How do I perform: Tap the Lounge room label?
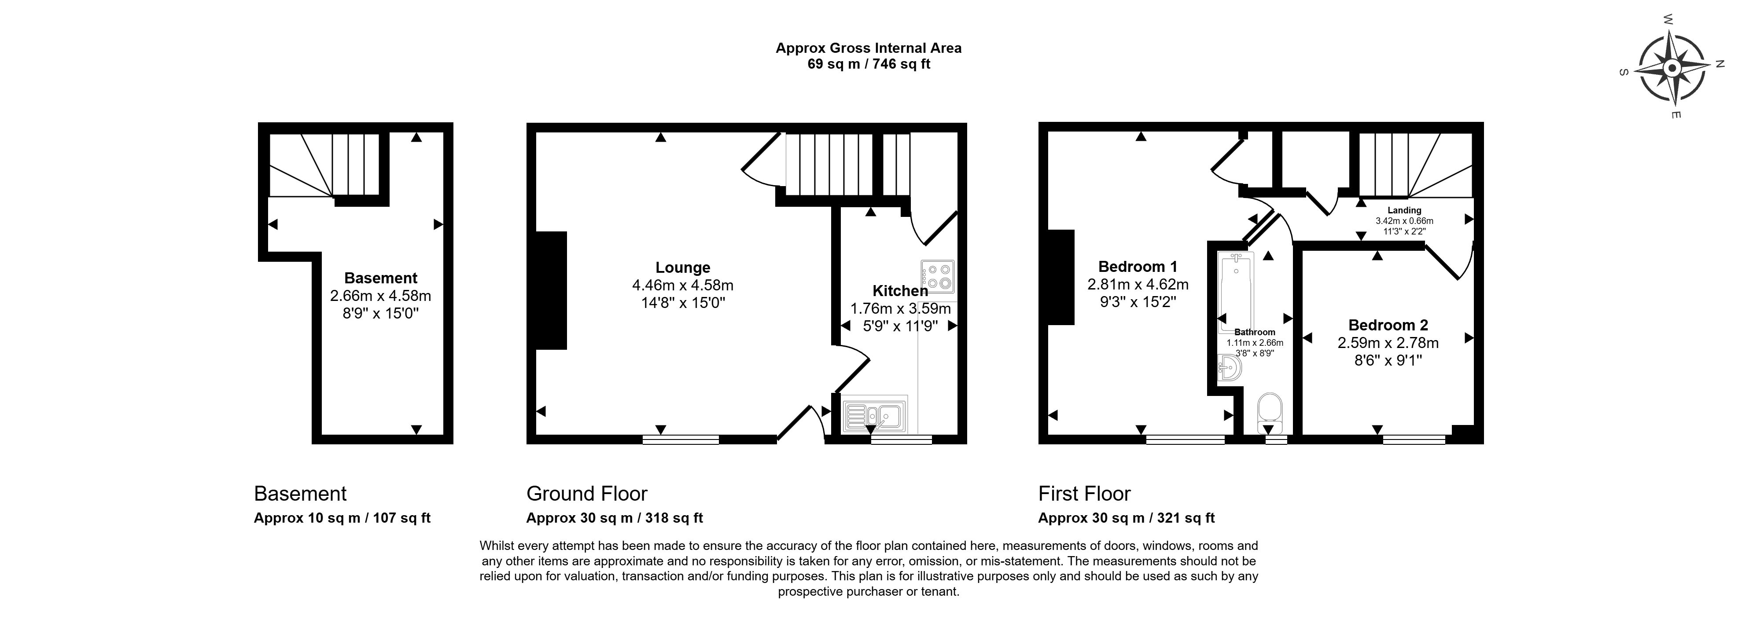[x=683, y=267]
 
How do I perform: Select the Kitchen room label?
[x=900, y=291]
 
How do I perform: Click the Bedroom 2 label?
[x=1388, y=325]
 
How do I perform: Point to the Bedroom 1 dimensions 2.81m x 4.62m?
[x=1138, y=285]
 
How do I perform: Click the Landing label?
[x=1404, y=210]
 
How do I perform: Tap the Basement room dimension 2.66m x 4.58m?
[x=380, y=295]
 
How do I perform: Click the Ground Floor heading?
[x=586, y=494]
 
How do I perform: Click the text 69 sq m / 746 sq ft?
[x=868, y=64]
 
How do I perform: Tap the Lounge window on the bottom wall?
[x=680, y=440]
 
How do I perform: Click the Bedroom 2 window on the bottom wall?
[x=1414, y=440]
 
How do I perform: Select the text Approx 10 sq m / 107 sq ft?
[x=342, y=518]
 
